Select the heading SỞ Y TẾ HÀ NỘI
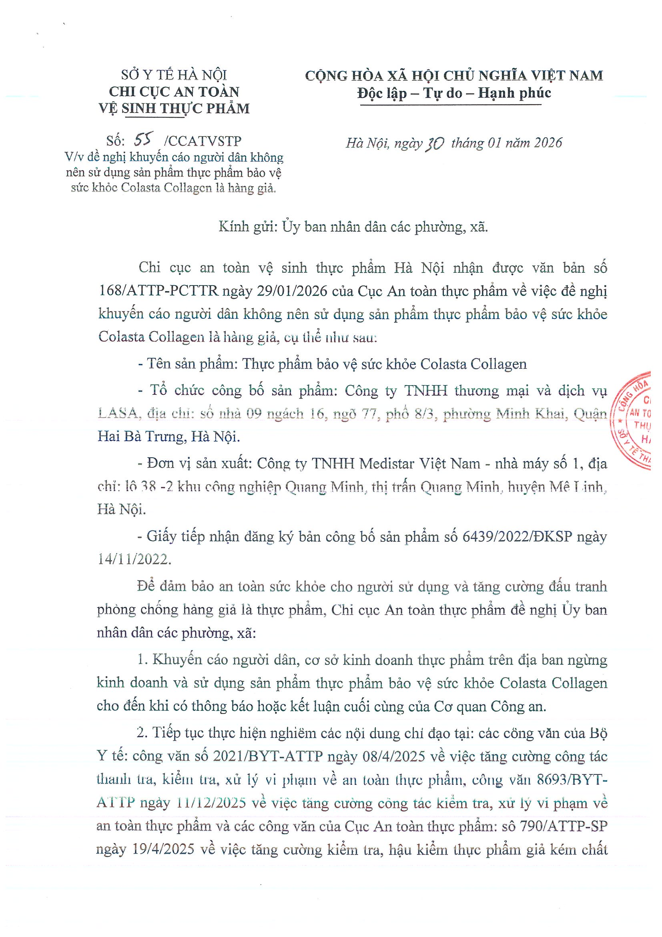coord(174,75)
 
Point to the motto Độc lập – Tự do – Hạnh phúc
coord(454,93)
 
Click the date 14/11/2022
coord(134,559)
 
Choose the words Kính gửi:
coord(249,227)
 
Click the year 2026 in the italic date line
coord(548,143)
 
